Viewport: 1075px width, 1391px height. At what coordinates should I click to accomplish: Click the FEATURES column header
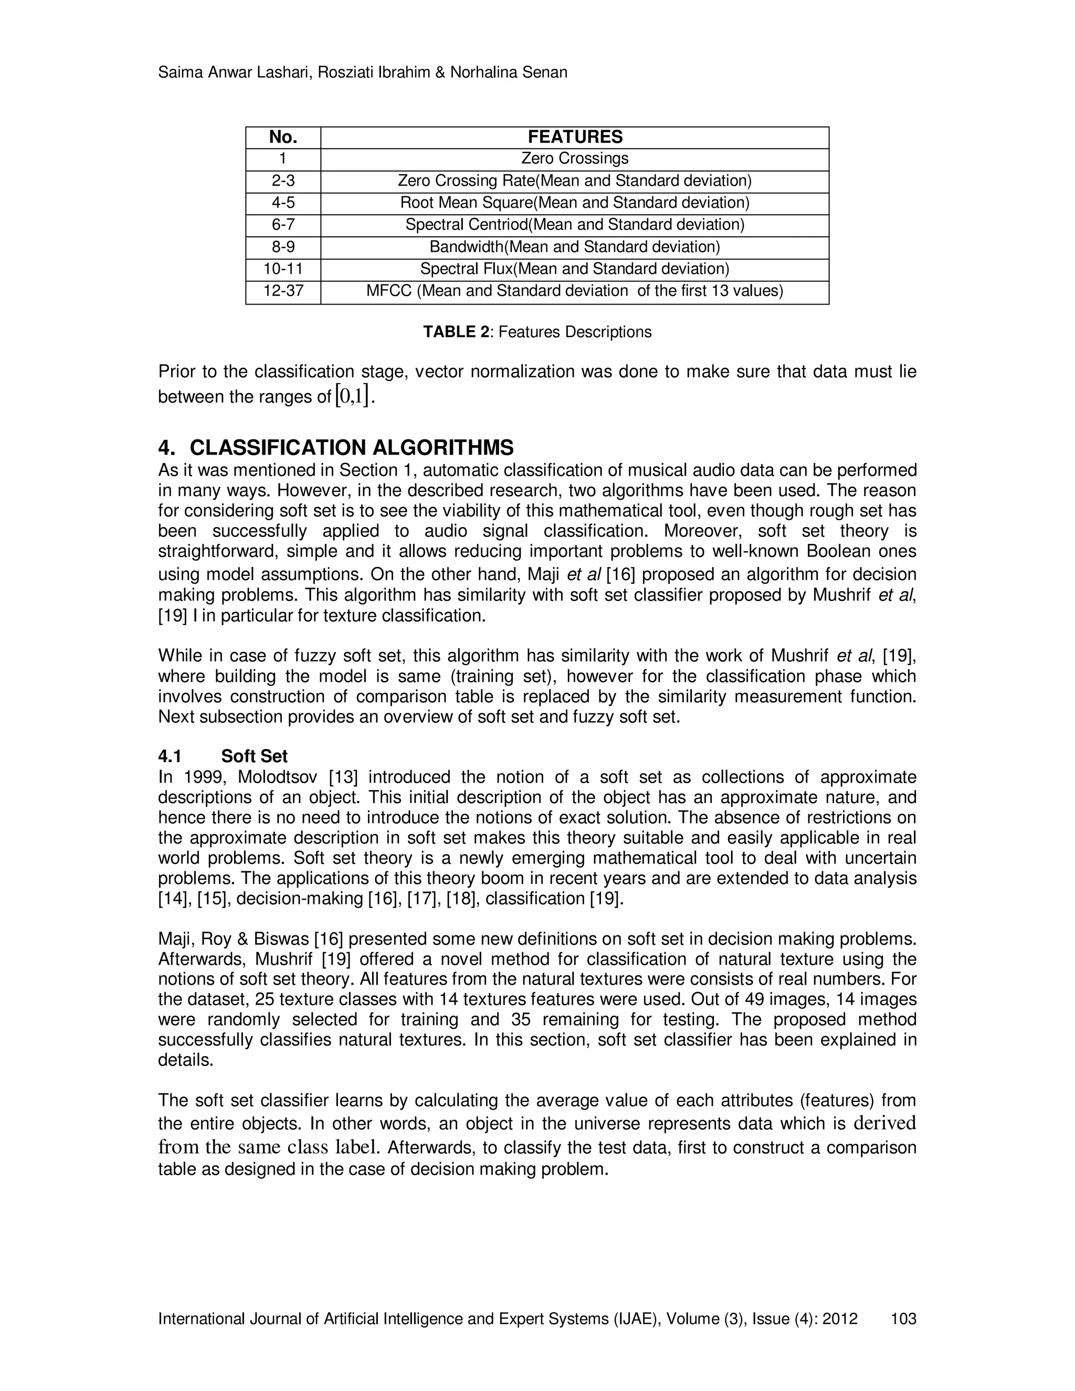pos(574,137)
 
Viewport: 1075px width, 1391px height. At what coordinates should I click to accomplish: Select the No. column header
pos(283,137)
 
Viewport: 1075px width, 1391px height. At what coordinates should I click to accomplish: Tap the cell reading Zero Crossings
pos(574,159)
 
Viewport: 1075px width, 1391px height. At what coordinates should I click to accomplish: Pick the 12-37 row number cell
pos(283,291)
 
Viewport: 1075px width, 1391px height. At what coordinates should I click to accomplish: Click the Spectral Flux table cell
pos(574,269)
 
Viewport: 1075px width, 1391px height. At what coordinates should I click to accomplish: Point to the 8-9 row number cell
pos(283,247)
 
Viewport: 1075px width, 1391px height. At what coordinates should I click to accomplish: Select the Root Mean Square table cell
pos(574,203)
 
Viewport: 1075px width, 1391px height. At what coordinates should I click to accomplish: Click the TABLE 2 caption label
pos(457,332)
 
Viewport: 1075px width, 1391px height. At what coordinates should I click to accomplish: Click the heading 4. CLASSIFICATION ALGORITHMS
pos(335,447)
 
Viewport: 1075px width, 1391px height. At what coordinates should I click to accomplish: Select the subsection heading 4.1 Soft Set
pos(223,756)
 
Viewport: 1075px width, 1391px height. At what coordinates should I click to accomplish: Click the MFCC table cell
pos(574,291)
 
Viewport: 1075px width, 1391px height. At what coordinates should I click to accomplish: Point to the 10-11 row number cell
pos(283,269)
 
